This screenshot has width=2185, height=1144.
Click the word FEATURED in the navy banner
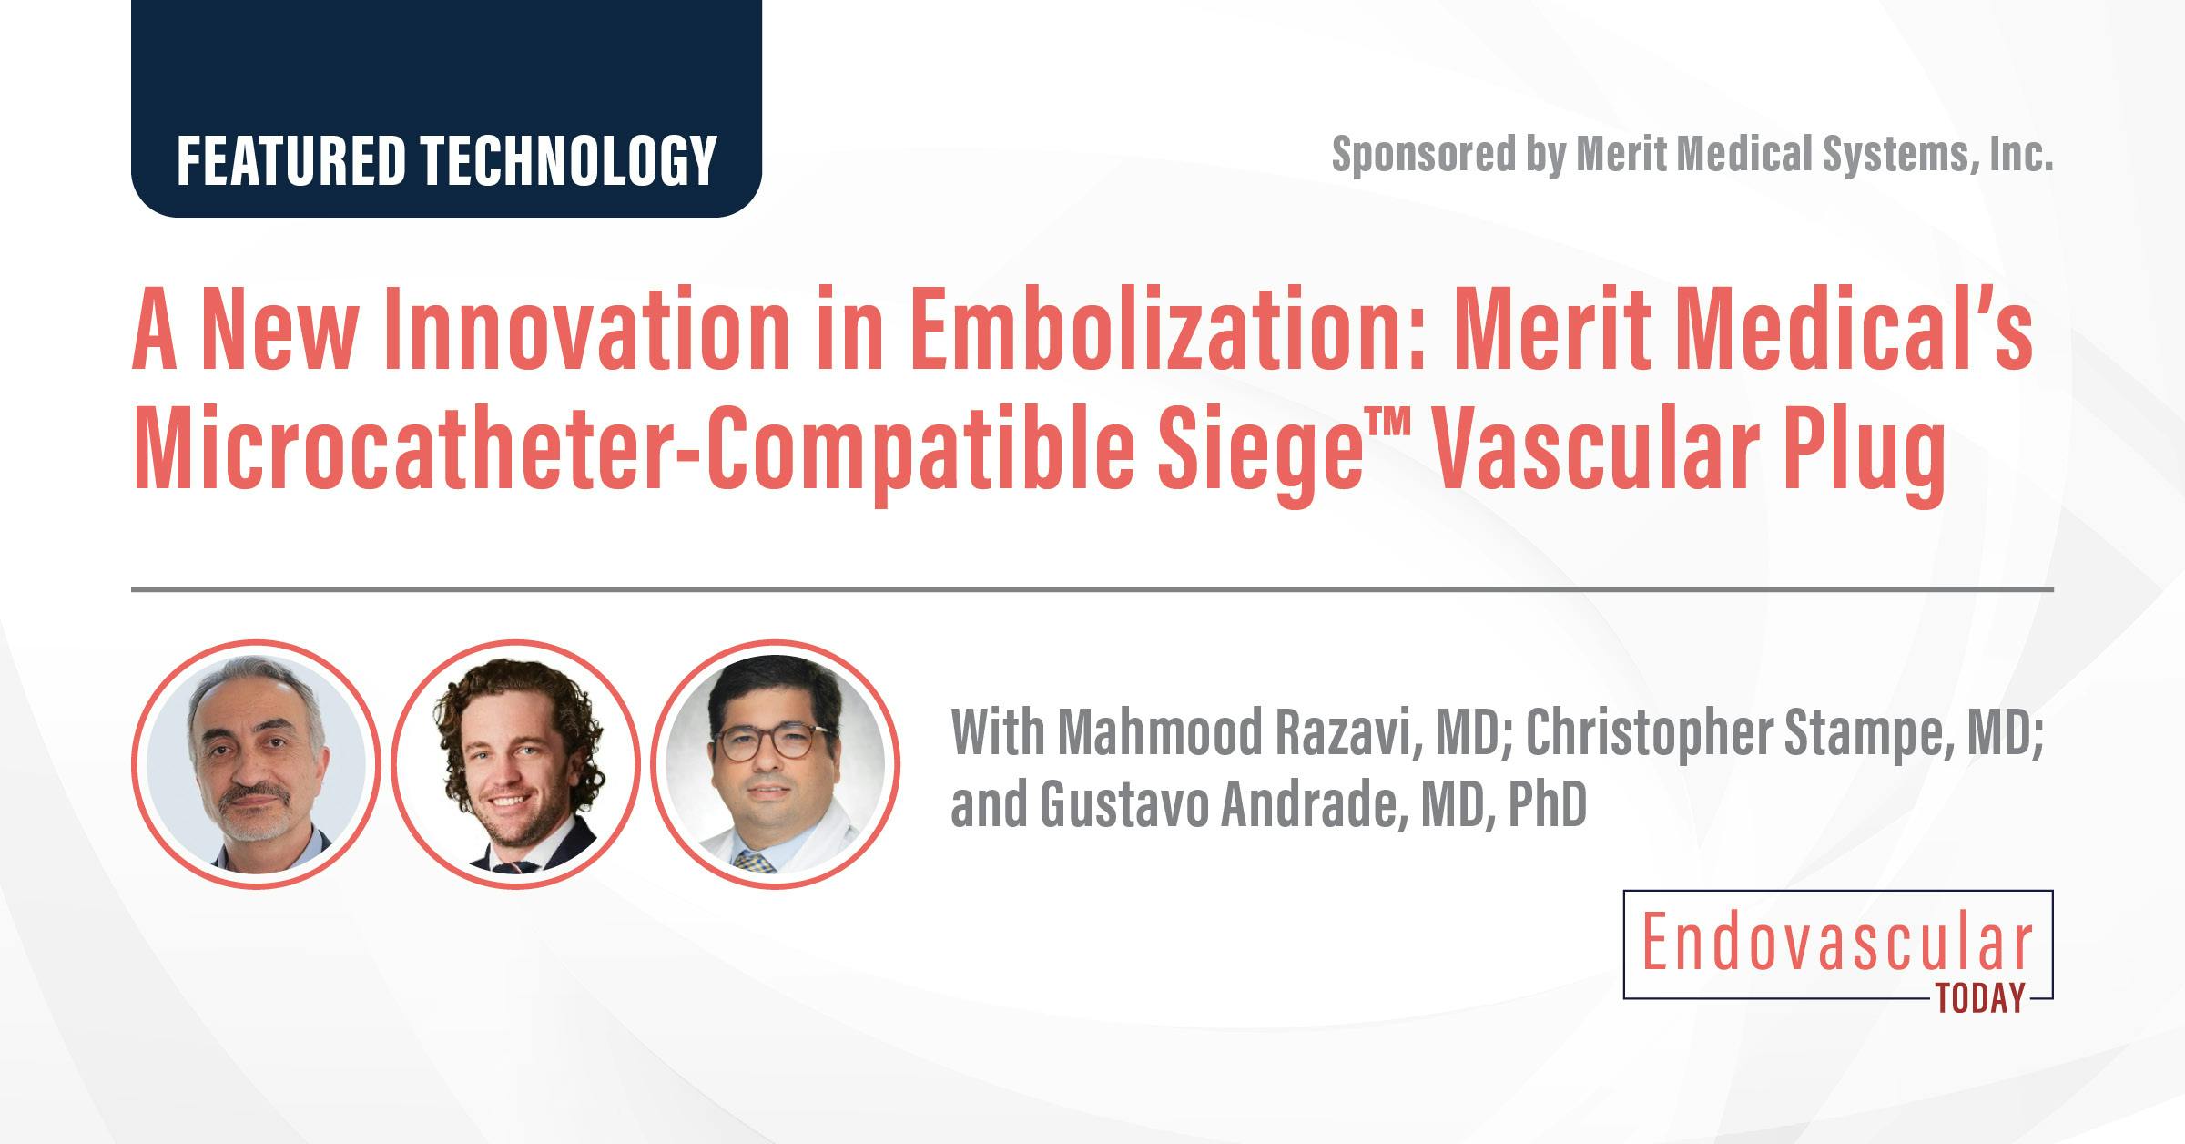pos(291,161)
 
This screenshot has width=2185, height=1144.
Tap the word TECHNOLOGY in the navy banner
pos(568,161)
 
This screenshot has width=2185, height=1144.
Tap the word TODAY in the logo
pos(1981,999)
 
